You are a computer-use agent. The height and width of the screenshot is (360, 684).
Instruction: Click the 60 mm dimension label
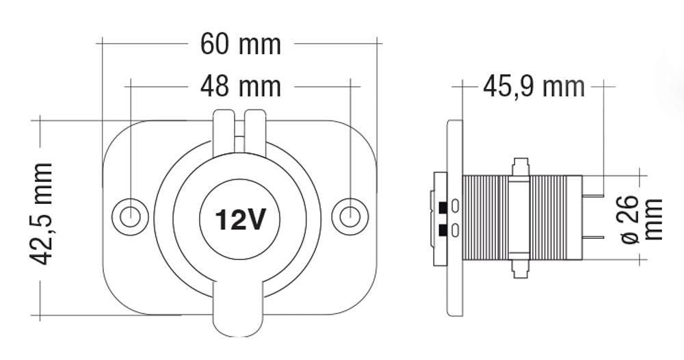click(x=241, y=44)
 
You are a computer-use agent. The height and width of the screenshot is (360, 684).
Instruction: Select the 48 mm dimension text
click(x=241, y=87)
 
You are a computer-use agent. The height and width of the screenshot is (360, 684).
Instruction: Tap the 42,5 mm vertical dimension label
click(x=40, y=214)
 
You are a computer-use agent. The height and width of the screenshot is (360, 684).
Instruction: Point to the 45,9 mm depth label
click(x=534, y=87)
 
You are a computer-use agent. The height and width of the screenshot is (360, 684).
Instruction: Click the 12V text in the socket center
click(x=240, y=220)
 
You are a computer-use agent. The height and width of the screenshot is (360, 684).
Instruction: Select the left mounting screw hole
click(x=129, y=216)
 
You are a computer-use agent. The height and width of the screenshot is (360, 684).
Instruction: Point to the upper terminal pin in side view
click(x=593, y=198)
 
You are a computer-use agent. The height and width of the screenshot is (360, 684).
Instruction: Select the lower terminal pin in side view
click(x=593, y=237)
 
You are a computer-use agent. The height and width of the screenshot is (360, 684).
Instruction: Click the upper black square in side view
click(x=443, y=207)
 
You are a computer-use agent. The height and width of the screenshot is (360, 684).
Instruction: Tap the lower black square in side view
click(x=443, y=229)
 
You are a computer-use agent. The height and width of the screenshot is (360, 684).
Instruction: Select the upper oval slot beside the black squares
click(x=455, y=207)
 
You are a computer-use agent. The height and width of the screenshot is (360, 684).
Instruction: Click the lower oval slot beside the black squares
click(x=455, y=229)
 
